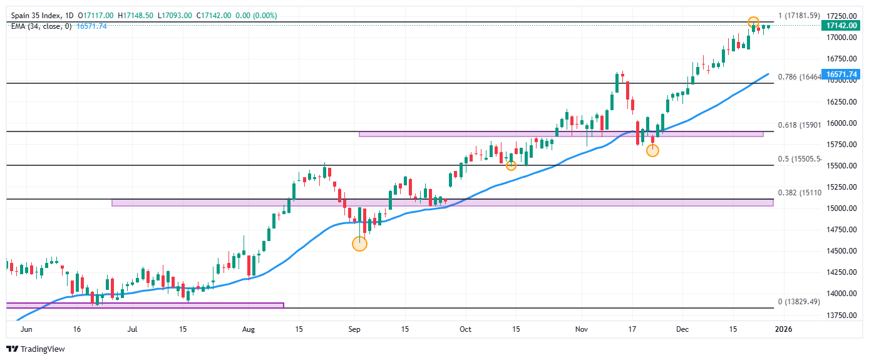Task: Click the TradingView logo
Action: (x=36, y=349)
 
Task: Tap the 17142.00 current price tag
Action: (x=841, y=26)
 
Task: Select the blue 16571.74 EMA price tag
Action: (x=841, y=75)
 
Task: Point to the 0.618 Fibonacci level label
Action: (x=798, y=125)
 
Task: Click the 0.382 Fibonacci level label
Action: (x=798, y=193)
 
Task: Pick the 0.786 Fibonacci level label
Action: (x=798, y=77)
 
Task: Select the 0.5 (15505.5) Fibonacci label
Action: (x=799, y=159)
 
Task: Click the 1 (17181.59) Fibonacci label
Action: (x=799, y=15)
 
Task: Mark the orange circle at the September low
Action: (x=359, y=244)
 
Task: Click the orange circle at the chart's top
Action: (x=754, y=23)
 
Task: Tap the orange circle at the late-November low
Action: (x=652, y=150)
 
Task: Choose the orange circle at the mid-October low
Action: (x=511, y=165)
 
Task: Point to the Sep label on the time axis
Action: (x=354, y=328)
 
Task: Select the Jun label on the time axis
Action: (x=26, y=328)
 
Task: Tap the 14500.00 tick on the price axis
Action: (x=840, y=251)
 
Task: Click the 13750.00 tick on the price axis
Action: (x=840, y=315)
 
